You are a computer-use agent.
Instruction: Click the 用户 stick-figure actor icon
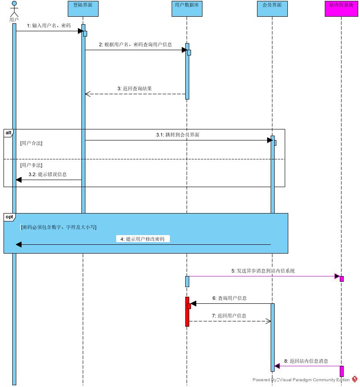14,10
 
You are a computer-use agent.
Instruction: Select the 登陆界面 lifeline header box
83,9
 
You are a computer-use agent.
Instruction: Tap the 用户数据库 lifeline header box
187,9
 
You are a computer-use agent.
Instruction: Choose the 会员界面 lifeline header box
272,9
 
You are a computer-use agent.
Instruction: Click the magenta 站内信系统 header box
341,9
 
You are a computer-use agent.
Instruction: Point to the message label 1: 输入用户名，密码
49,26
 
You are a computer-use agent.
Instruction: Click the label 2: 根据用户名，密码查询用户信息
135,44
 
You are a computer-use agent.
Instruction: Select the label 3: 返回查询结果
135,88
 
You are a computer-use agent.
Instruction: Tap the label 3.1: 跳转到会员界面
177,135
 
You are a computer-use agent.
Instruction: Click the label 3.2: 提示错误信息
48,174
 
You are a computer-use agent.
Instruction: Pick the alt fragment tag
9,133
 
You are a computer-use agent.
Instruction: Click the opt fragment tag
9,217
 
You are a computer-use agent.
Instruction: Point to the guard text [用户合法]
31,143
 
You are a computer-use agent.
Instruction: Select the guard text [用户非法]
31,165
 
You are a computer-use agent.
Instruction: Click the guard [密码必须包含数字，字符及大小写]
59,227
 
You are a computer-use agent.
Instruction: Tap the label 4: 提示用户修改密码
143,239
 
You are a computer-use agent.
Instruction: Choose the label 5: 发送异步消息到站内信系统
263,271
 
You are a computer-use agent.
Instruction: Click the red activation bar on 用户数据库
187,312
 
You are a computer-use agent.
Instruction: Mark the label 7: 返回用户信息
229,316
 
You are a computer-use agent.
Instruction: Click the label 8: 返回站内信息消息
306,361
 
